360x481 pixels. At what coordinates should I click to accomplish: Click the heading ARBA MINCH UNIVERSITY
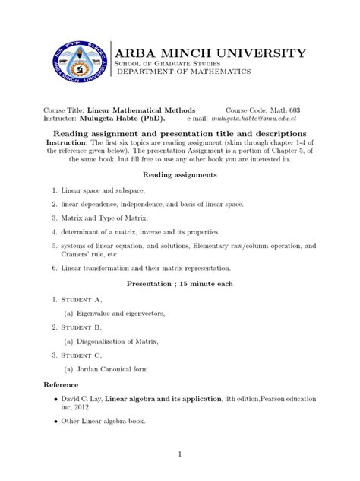click(x=209, y=53)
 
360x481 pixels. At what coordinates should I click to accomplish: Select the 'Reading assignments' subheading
click(x=179, y=174)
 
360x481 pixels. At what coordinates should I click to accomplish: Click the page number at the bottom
click(x=179, y=454)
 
